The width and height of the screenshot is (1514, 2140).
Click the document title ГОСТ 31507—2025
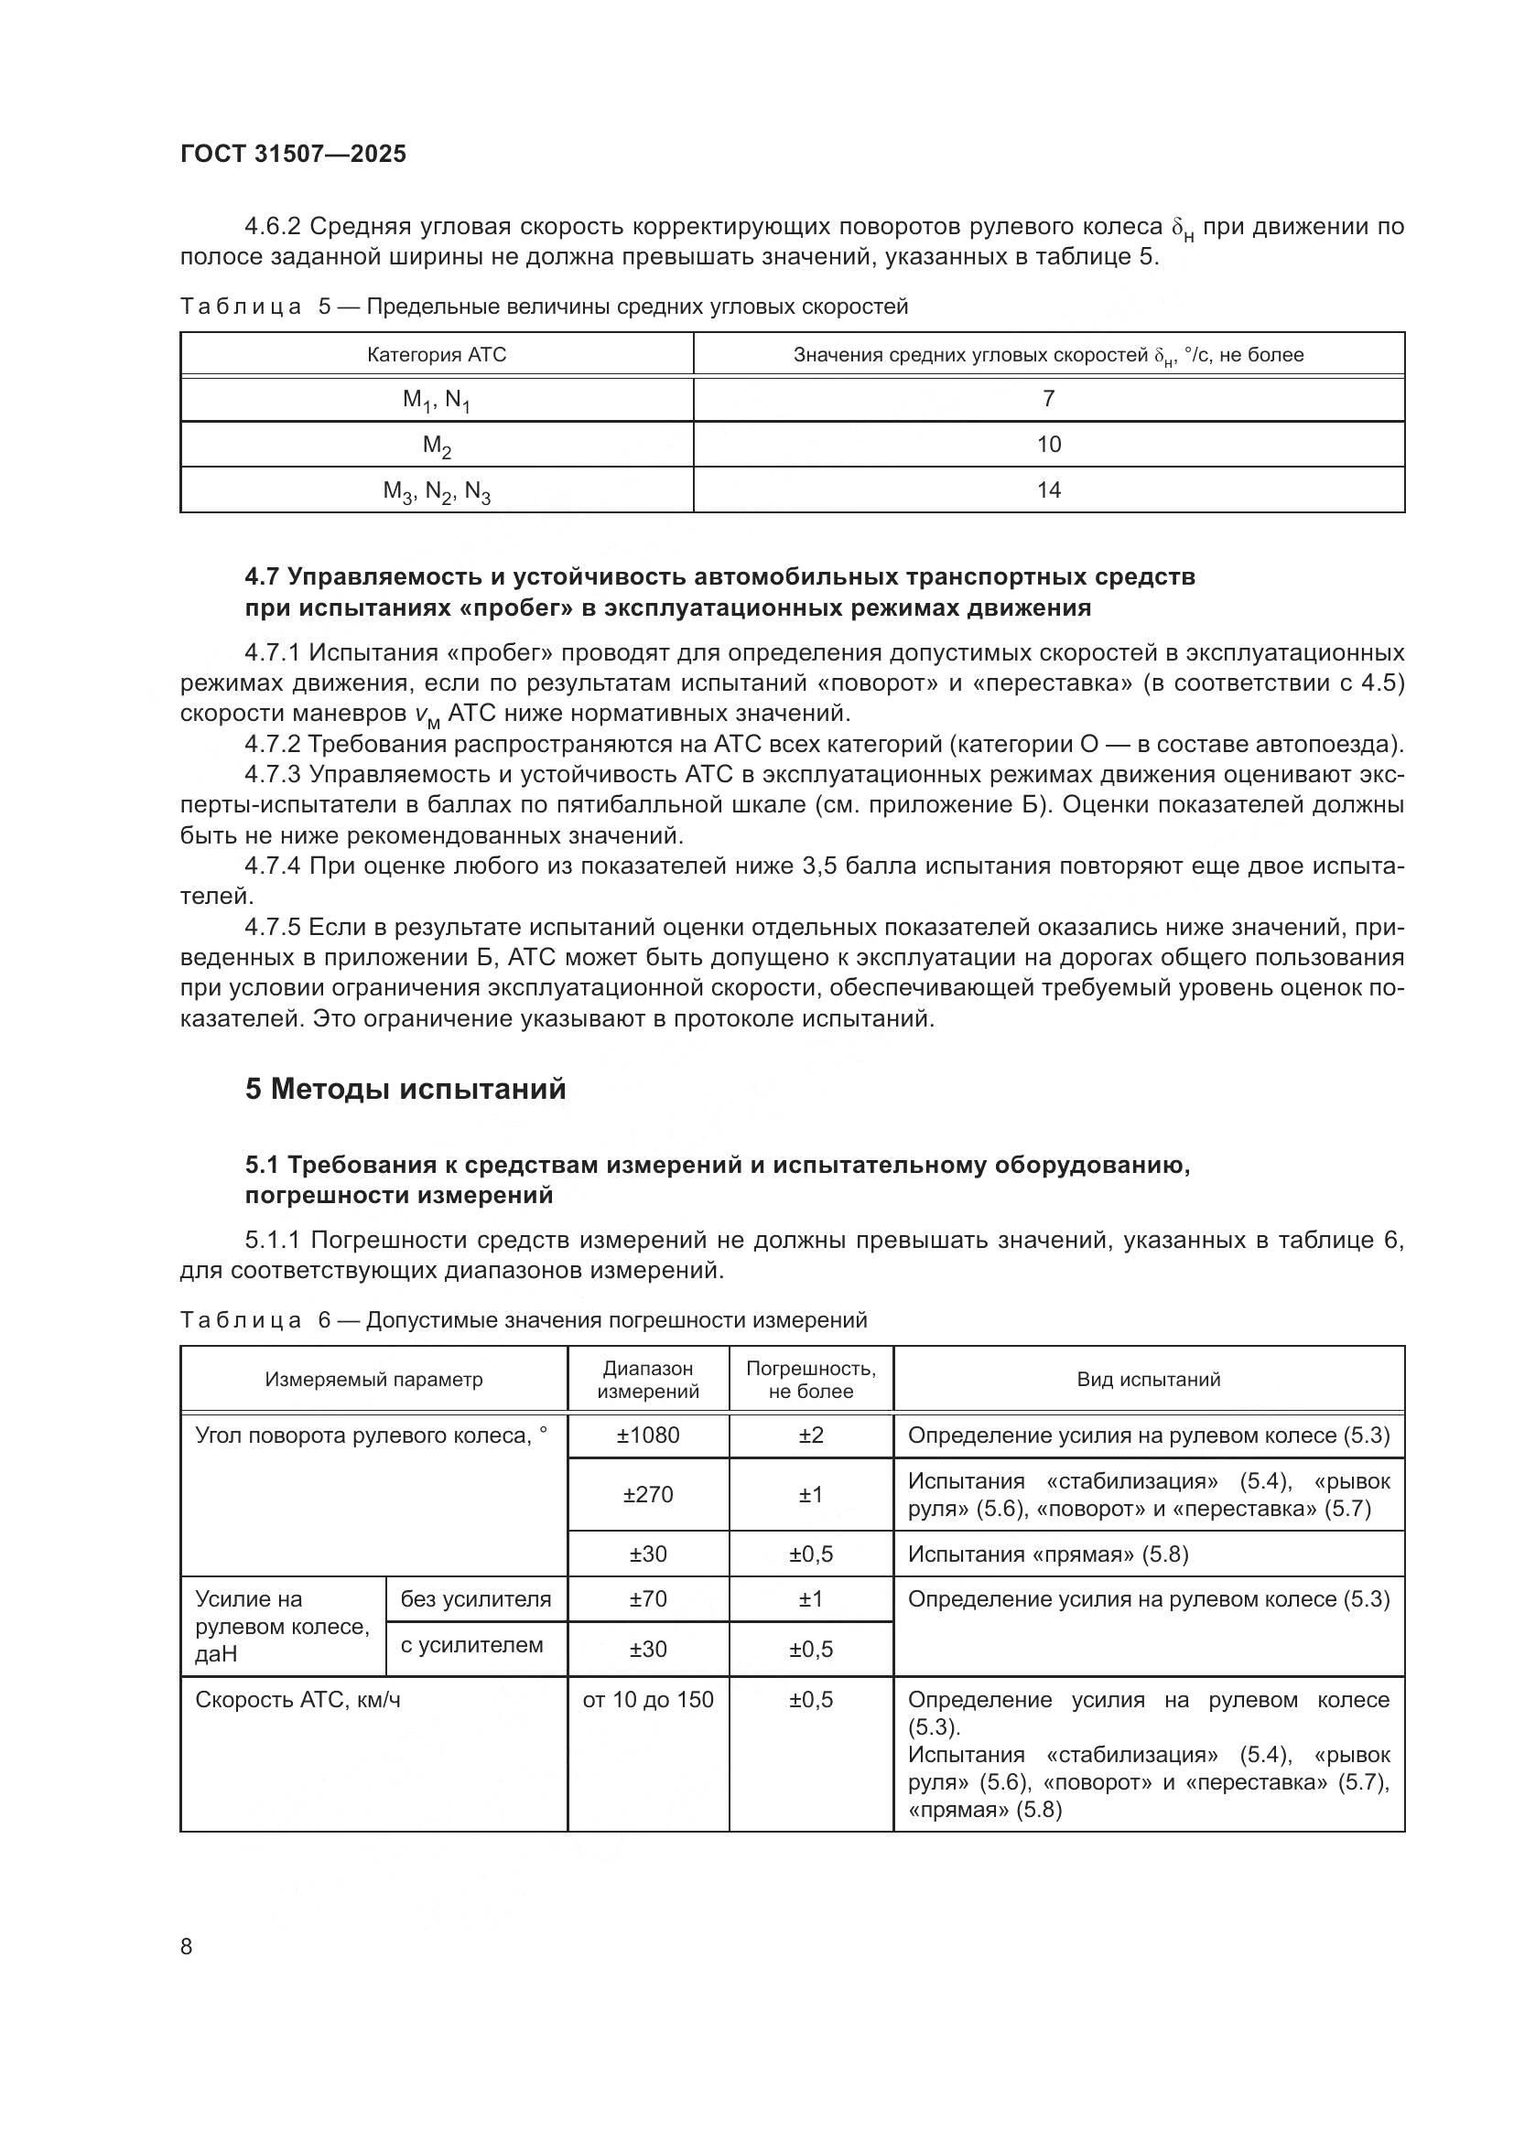click(294, 154)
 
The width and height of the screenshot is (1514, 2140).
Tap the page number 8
click(187, 1946)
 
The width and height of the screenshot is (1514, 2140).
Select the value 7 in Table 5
click(1048, 399)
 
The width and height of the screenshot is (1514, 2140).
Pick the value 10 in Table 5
click(1048, 445)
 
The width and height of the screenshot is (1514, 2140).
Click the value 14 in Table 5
click(1048, 490)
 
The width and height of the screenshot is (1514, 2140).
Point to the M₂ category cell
click(437, 446)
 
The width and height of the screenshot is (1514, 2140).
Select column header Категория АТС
click(437, 355)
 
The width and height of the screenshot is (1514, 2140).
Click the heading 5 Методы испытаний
click(406, 1089)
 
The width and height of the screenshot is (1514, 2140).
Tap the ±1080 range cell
click(648, 1436)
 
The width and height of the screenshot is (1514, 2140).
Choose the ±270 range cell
click(648, 1495)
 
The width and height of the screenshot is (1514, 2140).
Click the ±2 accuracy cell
click(811, 1436)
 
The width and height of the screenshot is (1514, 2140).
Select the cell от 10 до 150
click(648, 1699)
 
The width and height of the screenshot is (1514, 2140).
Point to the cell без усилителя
click(475, 1599)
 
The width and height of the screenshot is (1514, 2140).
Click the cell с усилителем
click(471, 1645)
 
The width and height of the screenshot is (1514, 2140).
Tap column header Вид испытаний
click(1149, 1380)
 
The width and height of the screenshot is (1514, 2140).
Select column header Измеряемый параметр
click(373, 1380)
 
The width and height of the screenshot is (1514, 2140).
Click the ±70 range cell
click(648, 1599)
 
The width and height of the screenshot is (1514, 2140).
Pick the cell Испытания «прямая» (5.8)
click(1048, 1554)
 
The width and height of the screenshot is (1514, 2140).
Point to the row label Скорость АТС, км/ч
click(298, 1700)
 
